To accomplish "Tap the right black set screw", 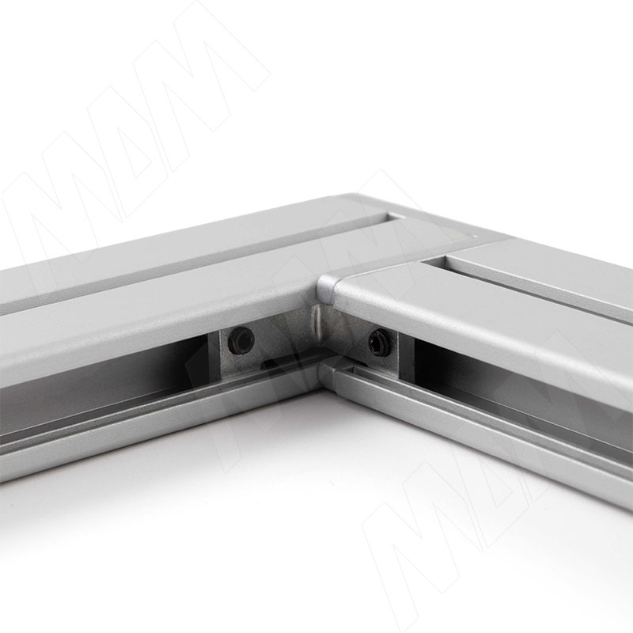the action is (x=379, y=342).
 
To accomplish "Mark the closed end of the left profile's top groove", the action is (x=393, y=218).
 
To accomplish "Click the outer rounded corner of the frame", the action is (x=355, y=199).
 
